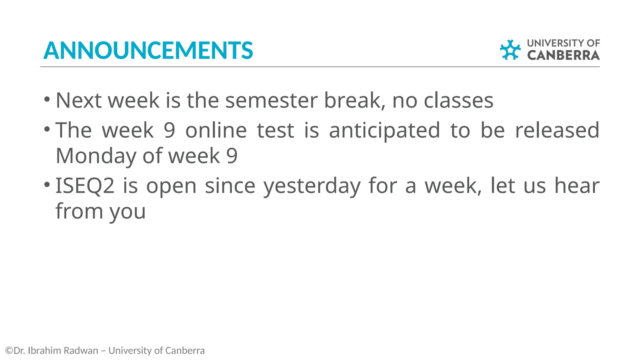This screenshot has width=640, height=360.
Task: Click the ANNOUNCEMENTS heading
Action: click(x=148, y=50)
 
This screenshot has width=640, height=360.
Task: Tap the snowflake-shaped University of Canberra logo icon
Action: click(x=510, y=50)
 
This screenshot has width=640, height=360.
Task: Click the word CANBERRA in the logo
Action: click(x=563, y=55)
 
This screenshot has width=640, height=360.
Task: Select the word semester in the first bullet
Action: click(x=271, y=101)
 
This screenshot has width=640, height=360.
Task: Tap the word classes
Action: click(x=458, y=101)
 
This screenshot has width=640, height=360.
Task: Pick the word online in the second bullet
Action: click(x=216, y=130)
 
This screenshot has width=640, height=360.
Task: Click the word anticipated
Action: click(x=385, y=131)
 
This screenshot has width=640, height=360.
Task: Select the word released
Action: click(x=557, y=130)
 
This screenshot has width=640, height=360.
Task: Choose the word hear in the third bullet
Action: click(x=577, y=186)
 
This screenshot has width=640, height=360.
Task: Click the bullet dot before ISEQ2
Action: click(x=47, y=184)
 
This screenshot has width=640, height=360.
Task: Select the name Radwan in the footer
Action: click(x=85, y=351)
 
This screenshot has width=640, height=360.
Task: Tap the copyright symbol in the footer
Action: click(x=9, y=351)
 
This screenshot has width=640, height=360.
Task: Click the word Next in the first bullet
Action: click(x=78, y=101)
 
